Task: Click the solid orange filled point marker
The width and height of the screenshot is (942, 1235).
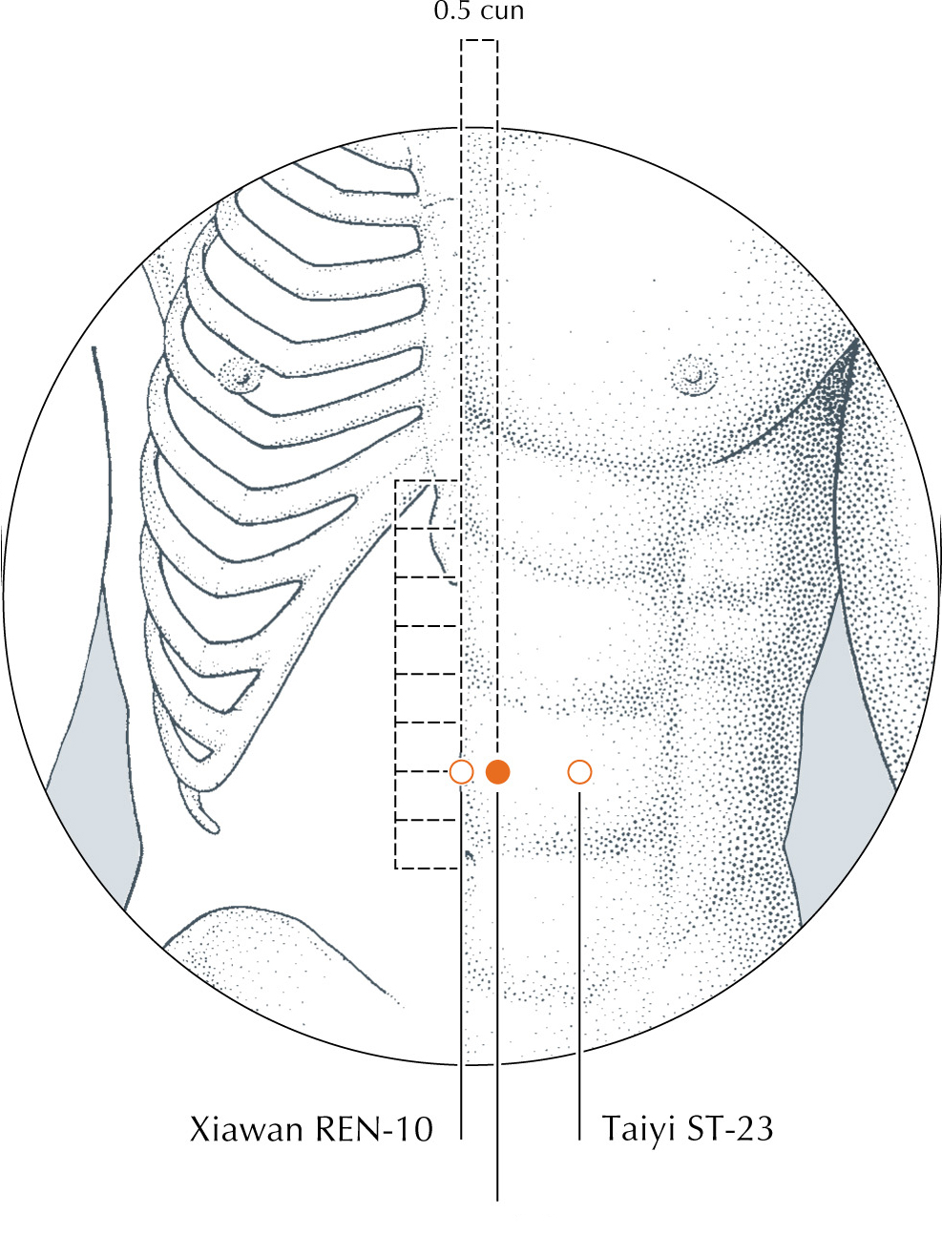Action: [x=497, y=771]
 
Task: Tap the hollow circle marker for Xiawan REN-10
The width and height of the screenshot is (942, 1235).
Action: [x=461, y=771]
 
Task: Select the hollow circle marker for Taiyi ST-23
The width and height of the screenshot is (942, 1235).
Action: [x=579, y=771]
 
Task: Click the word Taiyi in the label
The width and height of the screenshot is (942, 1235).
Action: [x=638, y=1129]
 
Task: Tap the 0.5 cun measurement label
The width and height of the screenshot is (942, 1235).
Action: [x=479, y=12]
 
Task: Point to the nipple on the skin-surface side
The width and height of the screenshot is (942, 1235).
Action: [x=695, y=374]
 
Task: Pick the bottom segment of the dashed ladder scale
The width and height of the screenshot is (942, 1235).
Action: [x=428, y=844]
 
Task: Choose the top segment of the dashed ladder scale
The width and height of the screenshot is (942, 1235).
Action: [x=428, y=504]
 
